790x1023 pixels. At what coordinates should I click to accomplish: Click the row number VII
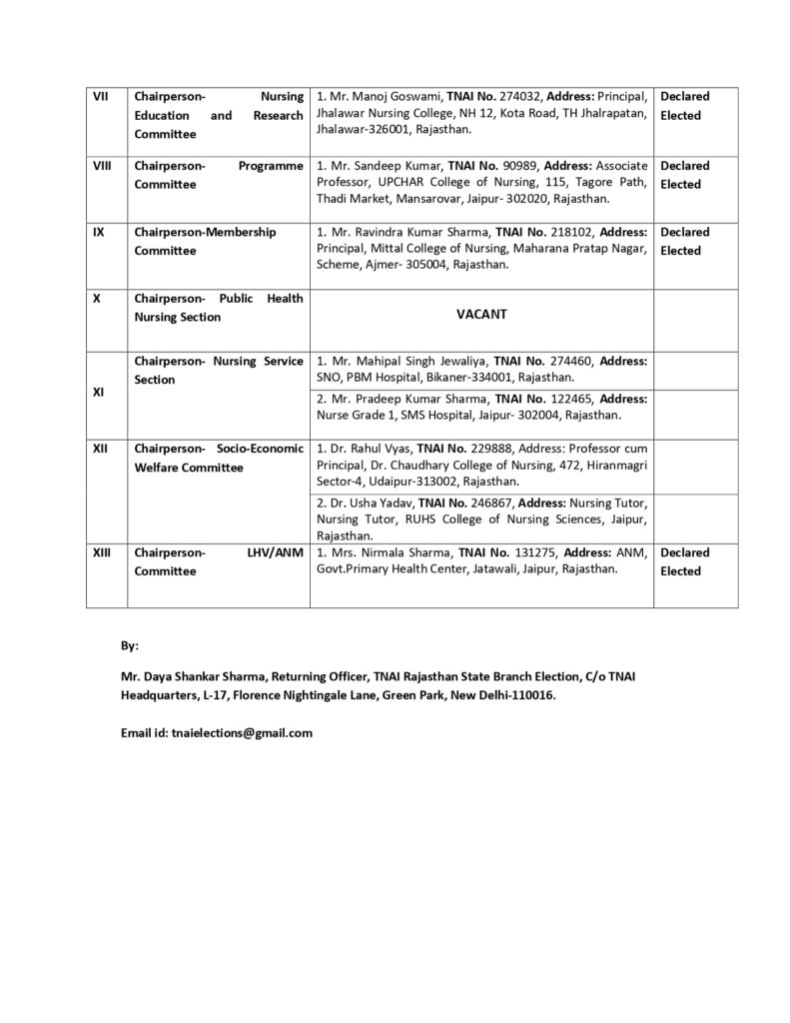(101, 97)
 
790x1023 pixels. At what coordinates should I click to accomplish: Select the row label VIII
(101, 166)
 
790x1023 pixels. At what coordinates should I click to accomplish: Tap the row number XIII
(102, 552)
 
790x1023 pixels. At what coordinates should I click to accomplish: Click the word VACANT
(481, 314)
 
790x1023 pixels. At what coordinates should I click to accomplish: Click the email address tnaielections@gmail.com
(239, 732)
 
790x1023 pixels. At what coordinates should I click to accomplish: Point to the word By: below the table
(129, 646)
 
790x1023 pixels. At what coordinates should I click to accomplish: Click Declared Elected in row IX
(684, 241)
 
